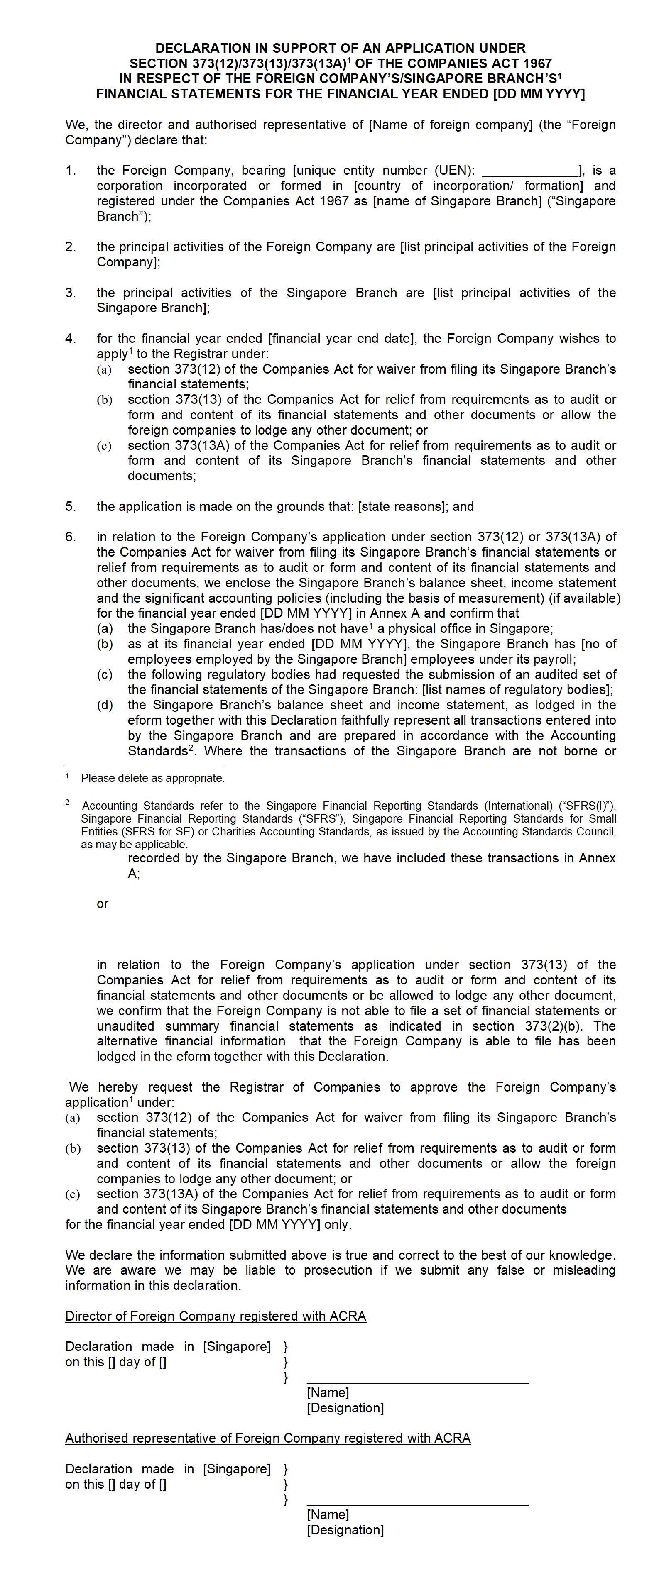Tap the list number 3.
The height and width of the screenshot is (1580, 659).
(71, 293)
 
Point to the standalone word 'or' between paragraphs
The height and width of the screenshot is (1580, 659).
(103, 904)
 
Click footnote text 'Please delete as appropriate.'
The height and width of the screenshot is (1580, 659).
(153, 778)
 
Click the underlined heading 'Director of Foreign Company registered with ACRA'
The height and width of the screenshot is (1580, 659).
(216, 1316)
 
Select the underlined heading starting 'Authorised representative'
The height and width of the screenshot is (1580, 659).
(267, 1438)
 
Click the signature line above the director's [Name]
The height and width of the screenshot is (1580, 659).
(417, 1384)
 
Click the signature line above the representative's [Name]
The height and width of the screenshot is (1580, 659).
(417, 1506)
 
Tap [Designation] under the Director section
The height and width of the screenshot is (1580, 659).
(345, 1408)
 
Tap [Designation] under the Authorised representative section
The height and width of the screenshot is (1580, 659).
(345, 1530)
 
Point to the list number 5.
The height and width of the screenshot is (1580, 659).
(71, 507)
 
